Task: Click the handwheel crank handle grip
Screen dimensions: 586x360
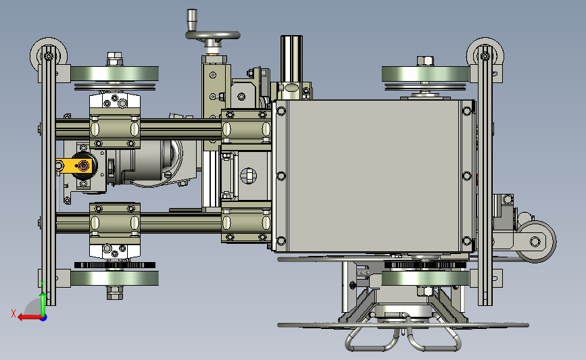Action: [192, 20]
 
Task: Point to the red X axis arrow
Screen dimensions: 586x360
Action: [30, 317]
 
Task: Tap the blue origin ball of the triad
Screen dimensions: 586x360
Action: [44, 318]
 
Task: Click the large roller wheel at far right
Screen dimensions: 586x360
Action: [535, 242]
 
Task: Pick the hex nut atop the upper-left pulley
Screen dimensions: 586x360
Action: [115, 59]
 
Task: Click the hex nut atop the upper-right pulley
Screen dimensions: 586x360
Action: [425, 61]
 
